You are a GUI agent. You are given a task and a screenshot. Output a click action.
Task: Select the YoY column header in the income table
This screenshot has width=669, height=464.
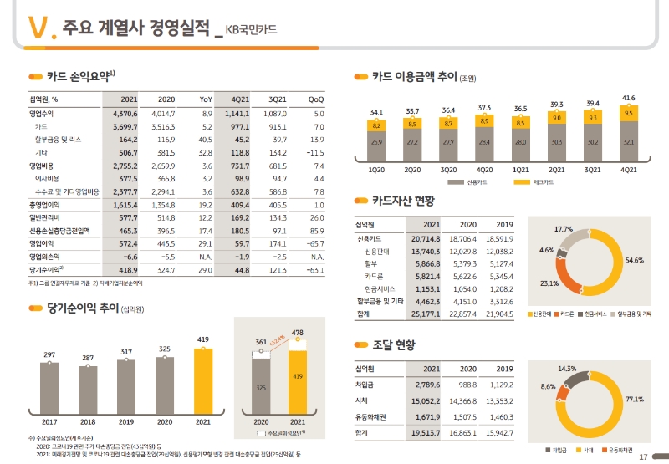(x=206, y=99)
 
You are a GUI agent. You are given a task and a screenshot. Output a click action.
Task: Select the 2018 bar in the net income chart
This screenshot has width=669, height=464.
(x=87, y=389)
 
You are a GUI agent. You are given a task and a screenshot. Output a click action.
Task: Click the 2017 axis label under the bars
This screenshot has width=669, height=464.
(x=49, y=422)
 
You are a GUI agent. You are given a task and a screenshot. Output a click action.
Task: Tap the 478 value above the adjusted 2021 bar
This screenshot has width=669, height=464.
(x=297, y=334)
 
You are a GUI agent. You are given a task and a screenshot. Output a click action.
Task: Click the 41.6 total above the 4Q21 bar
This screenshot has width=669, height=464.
(x=628, y=99)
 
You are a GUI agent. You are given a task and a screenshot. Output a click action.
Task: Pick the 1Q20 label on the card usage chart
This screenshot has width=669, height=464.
(x=376, y=168)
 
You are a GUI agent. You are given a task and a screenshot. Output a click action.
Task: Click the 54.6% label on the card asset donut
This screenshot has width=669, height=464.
(x=633, y=261)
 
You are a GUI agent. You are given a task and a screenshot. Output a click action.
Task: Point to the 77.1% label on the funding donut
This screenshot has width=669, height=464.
(x=634, y=400)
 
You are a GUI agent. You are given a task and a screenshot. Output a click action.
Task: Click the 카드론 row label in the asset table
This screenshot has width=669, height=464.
(x=374, y=276)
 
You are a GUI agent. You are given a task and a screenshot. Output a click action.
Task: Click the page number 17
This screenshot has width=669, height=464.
(x=643, y=456)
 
